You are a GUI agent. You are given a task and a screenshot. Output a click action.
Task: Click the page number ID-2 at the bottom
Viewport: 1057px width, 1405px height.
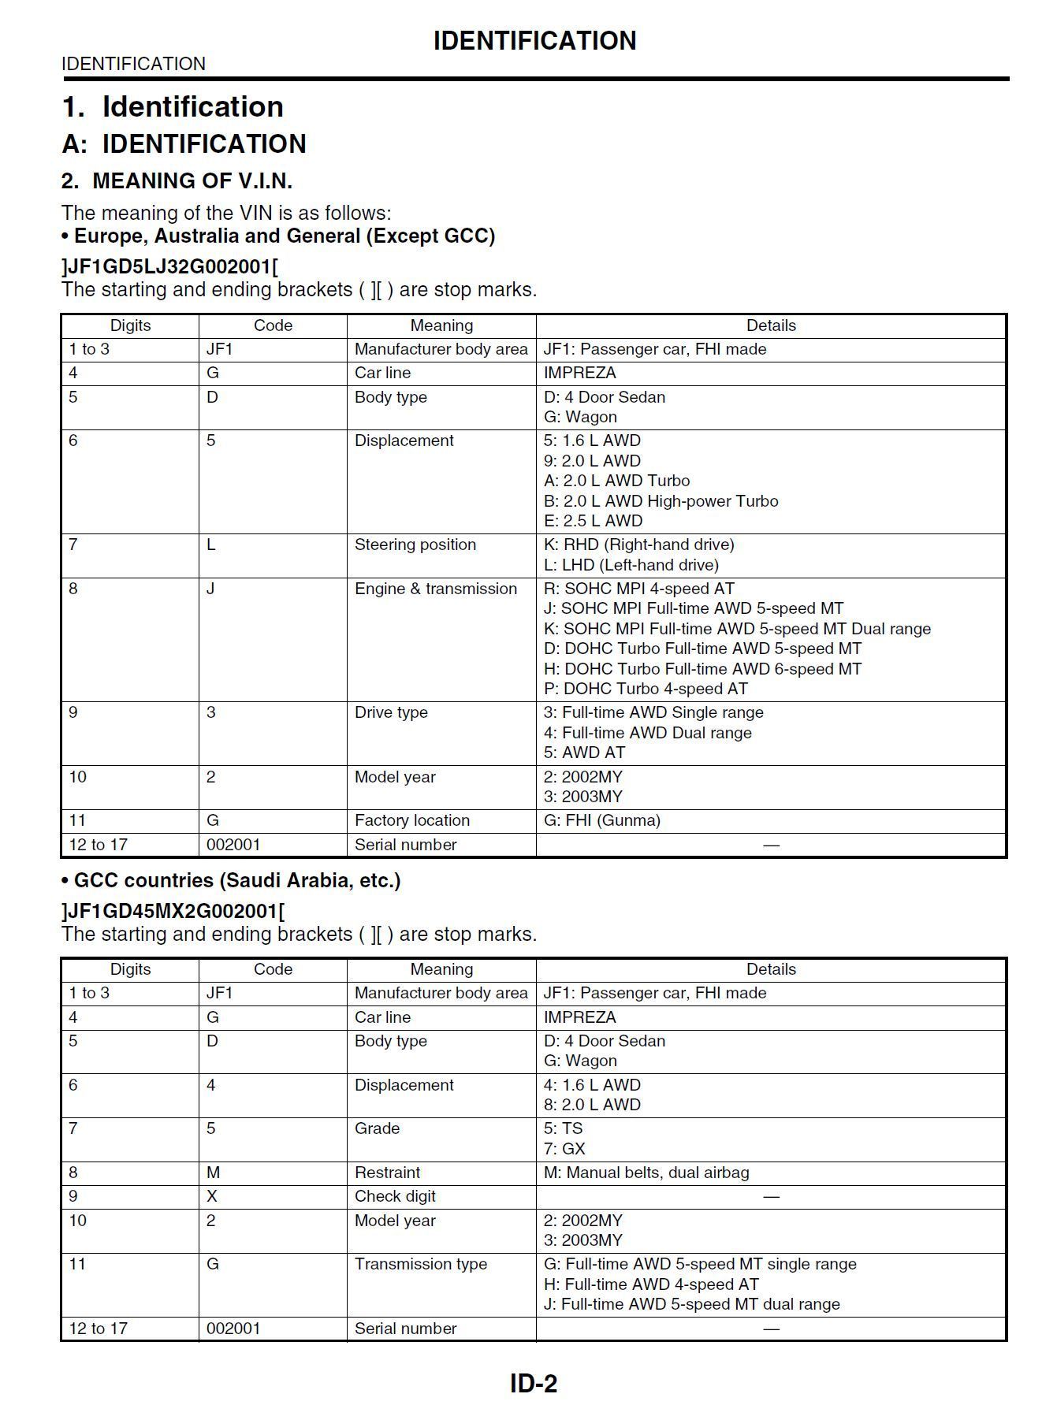click(534, 1383)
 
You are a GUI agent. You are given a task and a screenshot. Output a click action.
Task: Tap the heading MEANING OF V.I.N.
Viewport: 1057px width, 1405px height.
click(192, 181)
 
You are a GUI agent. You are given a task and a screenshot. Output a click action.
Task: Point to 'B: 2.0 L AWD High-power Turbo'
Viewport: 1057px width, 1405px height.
click(661, 501)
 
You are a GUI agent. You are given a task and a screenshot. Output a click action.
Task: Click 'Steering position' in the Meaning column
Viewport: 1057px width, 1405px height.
click(415, 545)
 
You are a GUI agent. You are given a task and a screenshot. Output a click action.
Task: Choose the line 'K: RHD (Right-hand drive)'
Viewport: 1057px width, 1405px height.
click(638, 545)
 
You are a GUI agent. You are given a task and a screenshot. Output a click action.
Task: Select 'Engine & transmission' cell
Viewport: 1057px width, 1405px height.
click(435, 589)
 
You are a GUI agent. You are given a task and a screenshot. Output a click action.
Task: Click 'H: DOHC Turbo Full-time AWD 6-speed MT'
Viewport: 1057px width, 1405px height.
click(702, 669)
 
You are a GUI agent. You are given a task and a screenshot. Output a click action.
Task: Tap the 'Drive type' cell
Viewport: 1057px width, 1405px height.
click(391, 712)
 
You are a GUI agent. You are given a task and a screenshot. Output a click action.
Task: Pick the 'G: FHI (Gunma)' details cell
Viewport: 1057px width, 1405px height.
click(601, 820)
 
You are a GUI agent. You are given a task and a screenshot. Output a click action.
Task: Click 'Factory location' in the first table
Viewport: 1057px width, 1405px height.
click(411, 820)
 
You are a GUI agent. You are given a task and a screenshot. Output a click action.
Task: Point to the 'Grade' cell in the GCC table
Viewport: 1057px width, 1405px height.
click(377, 1128)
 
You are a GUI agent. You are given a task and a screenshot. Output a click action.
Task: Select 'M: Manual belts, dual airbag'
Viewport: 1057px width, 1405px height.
click(646, 1173)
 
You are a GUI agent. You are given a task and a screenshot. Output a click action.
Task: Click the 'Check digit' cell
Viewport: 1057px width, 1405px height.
click(395, 1196)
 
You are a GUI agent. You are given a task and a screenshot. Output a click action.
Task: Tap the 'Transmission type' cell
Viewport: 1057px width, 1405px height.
click(420, 1264)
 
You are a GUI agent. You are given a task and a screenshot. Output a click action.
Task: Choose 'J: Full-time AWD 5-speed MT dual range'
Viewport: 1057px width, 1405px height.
click(691, 1304)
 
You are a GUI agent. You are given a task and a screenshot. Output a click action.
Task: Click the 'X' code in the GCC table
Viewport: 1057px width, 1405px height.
click(212, 1196)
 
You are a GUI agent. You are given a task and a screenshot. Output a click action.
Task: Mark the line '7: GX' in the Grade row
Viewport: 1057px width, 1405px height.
click(564, 1149)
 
